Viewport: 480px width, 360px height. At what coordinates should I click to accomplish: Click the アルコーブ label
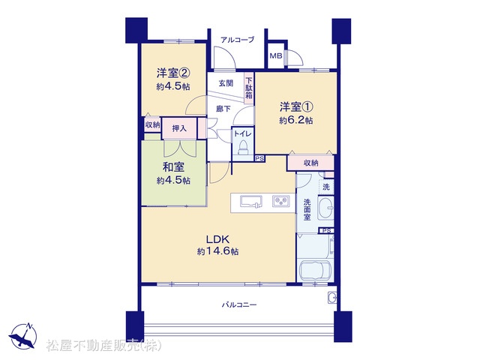point(237,40)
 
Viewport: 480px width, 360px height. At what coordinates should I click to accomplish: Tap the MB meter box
point(275,55)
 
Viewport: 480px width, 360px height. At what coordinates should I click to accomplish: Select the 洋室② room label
point(173,73)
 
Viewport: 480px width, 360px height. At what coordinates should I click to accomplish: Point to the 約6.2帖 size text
point(295,120)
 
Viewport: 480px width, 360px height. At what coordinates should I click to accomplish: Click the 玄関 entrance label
point(226,83)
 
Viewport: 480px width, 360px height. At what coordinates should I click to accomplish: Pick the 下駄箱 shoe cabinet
point(249,88)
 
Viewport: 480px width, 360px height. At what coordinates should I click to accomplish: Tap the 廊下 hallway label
point(223,109)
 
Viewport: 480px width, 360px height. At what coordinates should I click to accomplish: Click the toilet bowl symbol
point(243,147)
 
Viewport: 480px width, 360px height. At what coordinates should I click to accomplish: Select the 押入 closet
point(179,128)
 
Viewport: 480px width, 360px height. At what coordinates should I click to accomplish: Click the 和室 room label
point(173,167)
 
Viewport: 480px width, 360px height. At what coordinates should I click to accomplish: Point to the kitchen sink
point(251,202)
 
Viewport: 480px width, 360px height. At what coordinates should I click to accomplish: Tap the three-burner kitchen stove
point(281,202)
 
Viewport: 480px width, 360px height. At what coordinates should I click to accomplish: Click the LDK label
point(217,239)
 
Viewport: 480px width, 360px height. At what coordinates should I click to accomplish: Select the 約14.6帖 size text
point(217,252)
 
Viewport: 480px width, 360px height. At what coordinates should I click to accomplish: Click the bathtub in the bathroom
point(315,271)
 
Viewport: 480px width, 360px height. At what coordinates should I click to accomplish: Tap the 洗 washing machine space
point(326,187)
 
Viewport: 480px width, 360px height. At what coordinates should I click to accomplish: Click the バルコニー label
point(239,305)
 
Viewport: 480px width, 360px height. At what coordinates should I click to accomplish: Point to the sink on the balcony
point(332,297)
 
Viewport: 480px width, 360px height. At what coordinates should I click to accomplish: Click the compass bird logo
point(23,336)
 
